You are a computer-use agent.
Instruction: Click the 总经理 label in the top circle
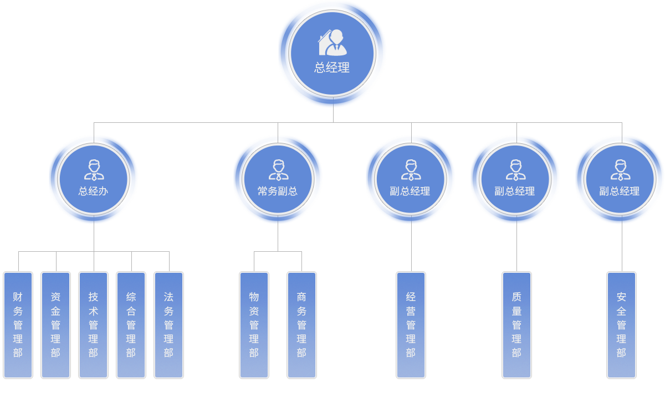[332, 68]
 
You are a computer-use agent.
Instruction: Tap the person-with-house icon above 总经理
[332, 43]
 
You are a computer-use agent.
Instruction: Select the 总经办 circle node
[94, 179]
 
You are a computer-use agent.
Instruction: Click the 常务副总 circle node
[278, 179]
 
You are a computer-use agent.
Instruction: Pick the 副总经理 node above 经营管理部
[411, 179]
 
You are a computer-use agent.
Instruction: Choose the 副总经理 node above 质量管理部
[515, 179]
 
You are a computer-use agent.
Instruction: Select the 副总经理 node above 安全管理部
[620, 179]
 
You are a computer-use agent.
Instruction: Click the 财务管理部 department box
[18, 325]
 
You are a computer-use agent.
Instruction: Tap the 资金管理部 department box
[56, 325]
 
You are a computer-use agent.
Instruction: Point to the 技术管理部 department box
[94, 325]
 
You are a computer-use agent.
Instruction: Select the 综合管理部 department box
[131, 325]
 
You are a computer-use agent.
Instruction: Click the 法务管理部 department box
[169, 325]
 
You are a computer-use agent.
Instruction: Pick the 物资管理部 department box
[254, 325]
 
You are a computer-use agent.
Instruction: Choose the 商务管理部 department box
[302, 325]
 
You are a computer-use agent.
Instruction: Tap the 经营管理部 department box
[411, 325]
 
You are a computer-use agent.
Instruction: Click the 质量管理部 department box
[517, 325]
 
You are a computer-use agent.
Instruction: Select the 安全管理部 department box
[622, 325]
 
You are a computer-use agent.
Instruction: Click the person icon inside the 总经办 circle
[94, 170]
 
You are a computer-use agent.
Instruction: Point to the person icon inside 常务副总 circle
[278, 170]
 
